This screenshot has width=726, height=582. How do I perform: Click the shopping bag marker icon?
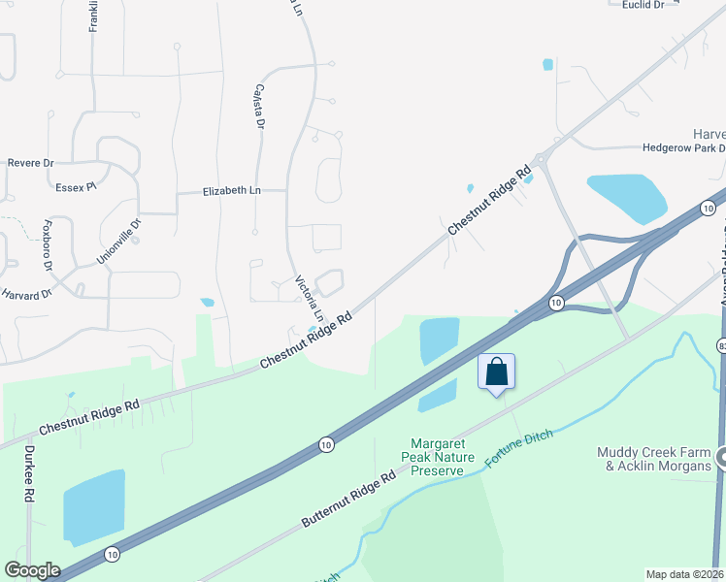(496, 372)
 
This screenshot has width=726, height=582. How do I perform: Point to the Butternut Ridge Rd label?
(348, 500)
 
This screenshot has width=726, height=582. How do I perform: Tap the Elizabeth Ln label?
(232, 191)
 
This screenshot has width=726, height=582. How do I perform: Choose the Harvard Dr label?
(25, 293)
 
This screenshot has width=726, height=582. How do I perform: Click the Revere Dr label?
(30, 163)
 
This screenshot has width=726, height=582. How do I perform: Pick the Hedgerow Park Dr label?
(684, 148)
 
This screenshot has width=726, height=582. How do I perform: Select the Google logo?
(31, 570)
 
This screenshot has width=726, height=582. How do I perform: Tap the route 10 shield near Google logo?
(114, 554)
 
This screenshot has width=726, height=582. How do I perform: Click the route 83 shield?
(721, 346)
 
